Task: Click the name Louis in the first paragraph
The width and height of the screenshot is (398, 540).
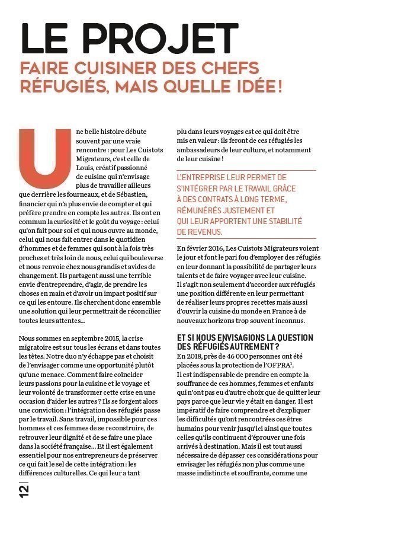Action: tap(86, 168)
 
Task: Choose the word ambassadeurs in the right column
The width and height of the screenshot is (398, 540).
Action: tap(204, 150)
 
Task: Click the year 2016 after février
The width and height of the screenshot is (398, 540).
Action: tap(220, 248)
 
